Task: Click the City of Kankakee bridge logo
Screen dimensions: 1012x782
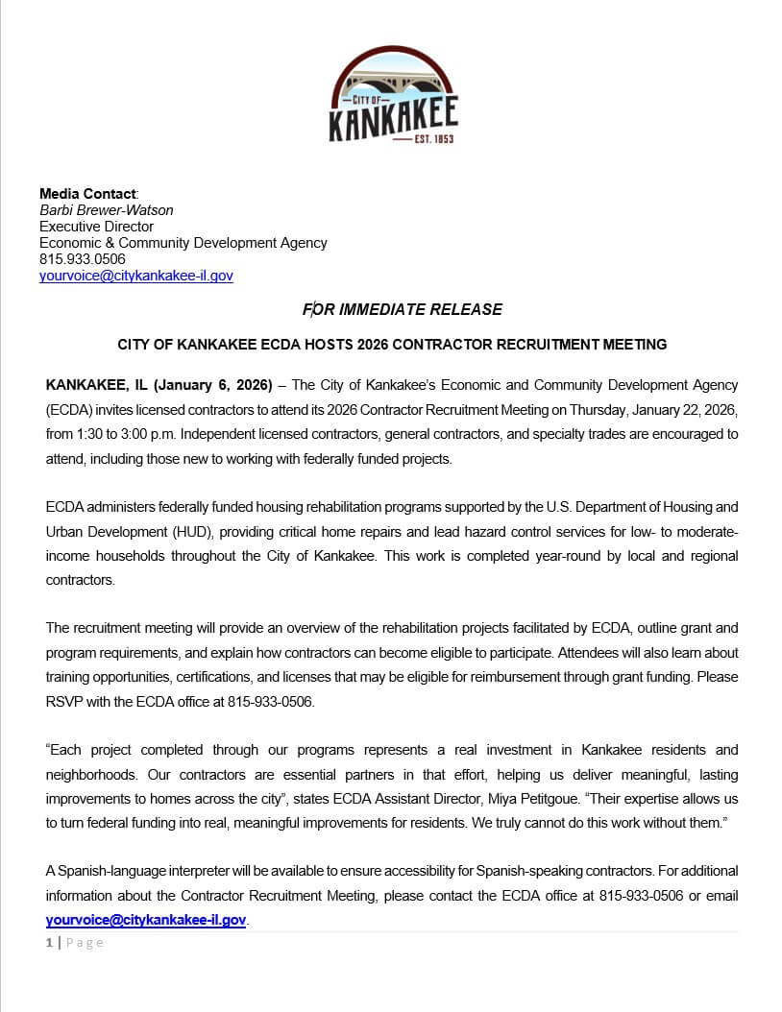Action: (x=393, y=96)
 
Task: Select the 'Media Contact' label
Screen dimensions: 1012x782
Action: (x=87, y=194)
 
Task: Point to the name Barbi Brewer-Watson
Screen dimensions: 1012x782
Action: (x=106, y=210)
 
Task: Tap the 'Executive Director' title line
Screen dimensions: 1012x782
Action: (x=96, y=227)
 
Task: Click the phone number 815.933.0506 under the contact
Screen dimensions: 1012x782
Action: (x=82, y=259)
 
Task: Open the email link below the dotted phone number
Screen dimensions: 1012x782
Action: (x=135, y=276)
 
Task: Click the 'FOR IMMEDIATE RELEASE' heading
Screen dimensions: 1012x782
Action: (x=403, y=309)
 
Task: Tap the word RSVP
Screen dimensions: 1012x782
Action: (x=63, y=701)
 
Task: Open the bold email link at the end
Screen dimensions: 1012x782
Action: (x=146, y=919)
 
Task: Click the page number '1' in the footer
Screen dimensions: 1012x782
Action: (x=49, y=943)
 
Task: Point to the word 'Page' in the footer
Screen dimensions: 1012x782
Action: (x=85, y=943)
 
